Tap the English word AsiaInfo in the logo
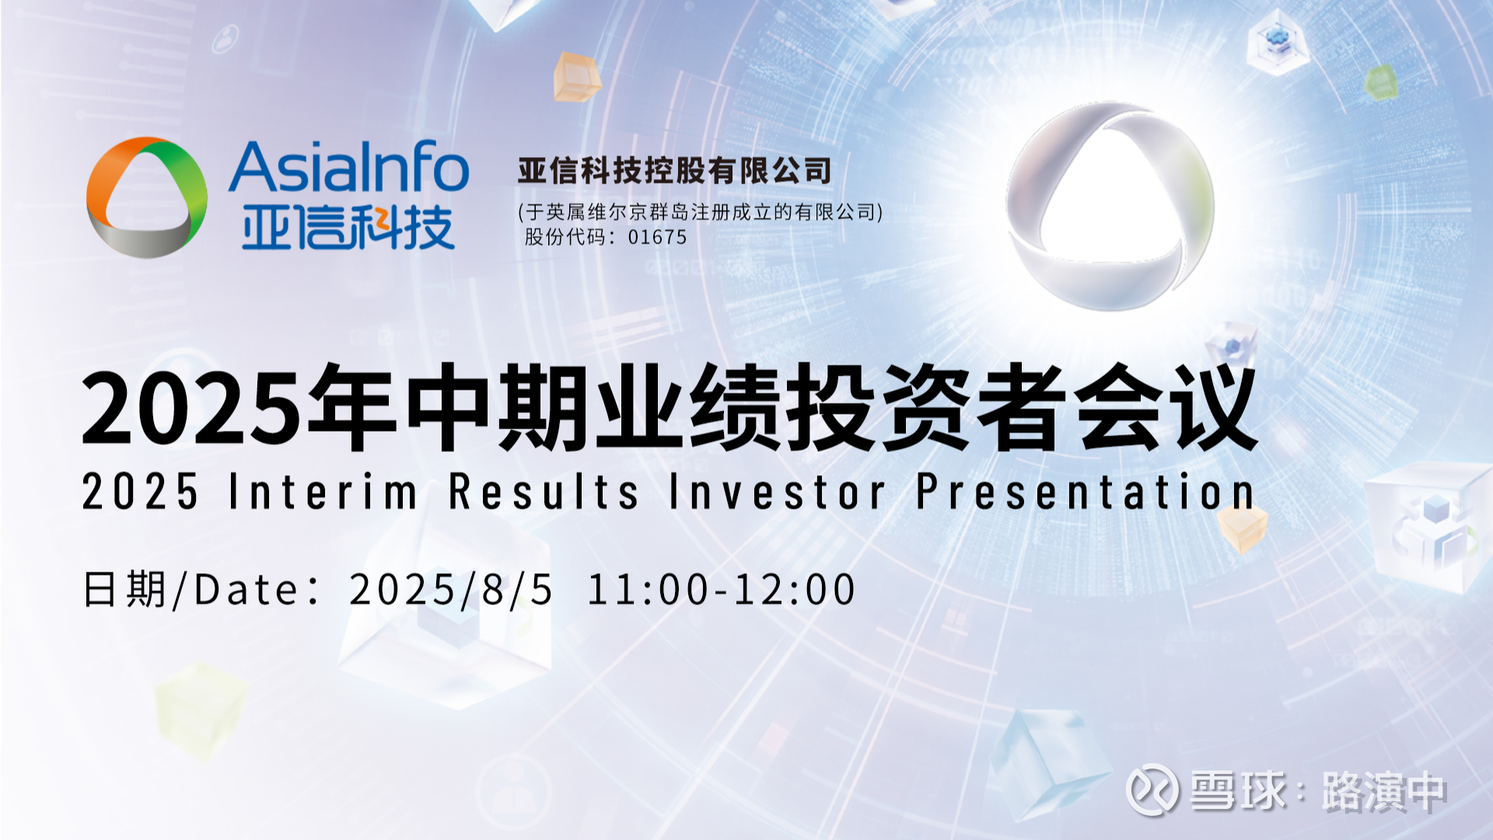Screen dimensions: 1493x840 (348, 168)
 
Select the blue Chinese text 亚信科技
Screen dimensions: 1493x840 (348, 228)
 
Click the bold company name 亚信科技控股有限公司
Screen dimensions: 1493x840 (675, 170)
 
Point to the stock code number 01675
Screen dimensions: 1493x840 (657, 237)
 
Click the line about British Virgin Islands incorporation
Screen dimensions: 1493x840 (701, 212)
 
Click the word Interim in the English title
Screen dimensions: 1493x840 (323, 492)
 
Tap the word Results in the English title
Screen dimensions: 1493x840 (544, 492)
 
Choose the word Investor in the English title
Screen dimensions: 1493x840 (777, 492)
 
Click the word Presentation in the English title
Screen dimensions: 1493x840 (1086, 492)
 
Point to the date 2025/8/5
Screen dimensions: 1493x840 (451, 590)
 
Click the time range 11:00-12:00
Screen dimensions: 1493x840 (722, 590)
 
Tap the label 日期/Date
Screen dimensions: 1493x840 (191, 590)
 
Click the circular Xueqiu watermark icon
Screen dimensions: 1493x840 (1152, 789)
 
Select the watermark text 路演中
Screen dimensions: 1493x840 (1385, 792)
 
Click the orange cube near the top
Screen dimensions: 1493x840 (577, 77)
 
